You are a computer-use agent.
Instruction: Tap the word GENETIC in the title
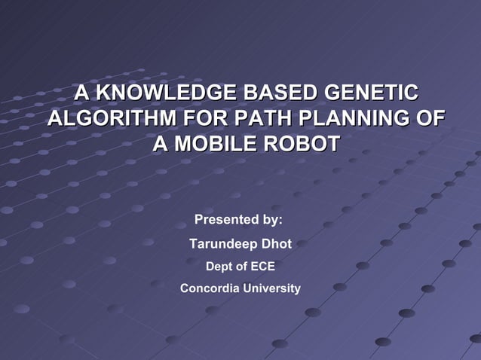(370, 94)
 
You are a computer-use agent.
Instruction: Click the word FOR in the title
(201, 119)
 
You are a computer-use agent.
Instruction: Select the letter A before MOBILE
(161, 144)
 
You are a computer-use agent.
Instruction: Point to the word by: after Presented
(270, 220)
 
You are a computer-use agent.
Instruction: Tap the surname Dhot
(276, 244)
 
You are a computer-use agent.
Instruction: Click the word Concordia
(210, 288)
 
